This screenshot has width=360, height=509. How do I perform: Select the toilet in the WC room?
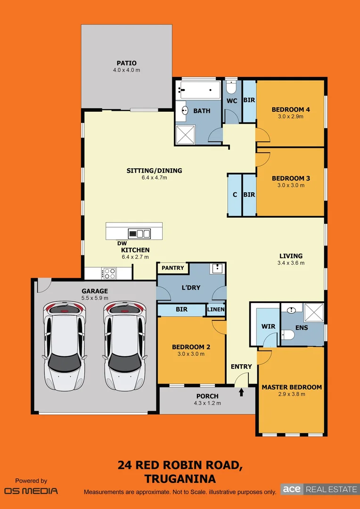point(231,88)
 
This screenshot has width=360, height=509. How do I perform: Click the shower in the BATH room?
point(187,134)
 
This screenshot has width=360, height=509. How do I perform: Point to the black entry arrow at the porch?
point(242,392)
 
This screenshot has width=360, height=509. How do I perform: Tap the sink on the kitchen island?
point(139,233)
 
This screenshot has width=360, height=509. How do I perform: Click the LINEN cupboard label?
point(216,310)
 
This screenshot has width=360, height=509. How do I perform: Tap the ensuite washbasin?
point(291,310)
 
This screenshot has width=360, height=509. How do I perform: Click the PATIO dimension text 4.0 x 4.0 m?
point(126,70)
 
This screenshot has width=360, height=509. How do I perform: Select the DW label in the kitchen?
point(122,243)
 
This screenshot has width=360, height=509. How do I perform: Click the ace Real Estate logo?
point(319,489)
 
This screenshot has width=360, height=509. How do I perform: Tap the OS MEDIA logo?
point(31,491)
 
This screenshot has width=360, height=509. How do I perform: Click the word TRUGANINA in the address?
point(180,479)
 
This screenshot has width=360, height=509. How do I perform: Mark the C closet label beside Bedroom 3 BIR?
point(235,195)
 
